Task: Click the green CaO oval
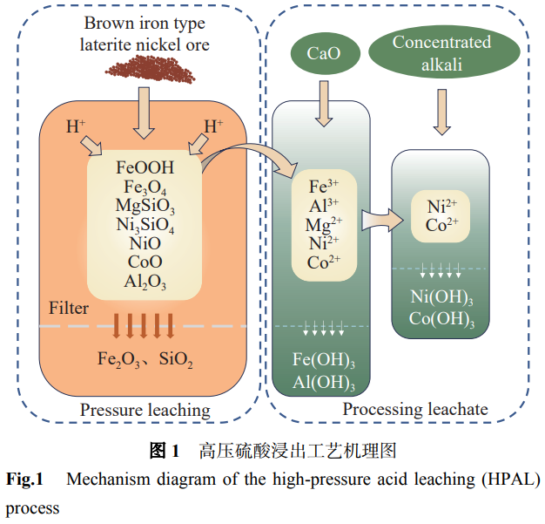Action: [323, 54]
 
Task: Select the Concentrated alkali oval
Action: [441, 54]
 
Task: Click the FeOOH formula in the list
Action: [145, 167]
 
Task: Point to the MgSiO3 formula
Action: [145, 206]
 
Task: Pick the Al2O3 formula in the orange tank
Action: [145, 281]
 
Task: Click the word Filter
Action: [69, 309]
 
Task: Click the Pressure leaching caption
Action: [145, 409]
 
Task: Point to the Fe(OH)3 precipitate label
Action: [324, 361]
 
